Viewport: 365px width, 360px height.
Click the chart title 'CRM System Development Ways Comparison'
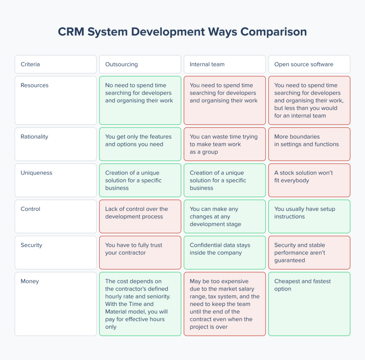click(x=182, y=32)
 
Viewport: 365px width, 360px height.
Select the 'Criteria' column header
click(x=30, y=64)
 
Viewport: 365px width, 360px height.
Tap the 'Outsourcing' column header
click(x=122, y=64)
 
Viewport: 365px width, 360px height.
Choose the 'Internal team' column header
click(x=207, y=64)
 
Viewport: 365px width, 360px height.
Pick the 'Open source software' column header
click(x=304, y=64)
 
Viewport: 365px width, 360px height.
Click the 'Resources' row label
click(x=35, y=85)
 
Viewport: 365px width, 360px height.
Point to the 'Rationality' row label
click(x=34, y=137)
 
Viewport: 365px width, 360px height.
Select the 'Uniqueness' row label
click(x=36, y=173)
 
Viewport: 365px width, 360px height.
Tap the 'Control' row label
click(x=30, y=209)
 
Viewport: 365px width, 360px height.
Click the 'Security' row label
click(x=31, y=245)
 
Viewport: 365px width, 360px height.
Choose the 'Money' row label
click(x=30, y=281)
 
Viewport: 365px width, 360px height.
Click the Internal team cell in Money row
click(x=225, y=304)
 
